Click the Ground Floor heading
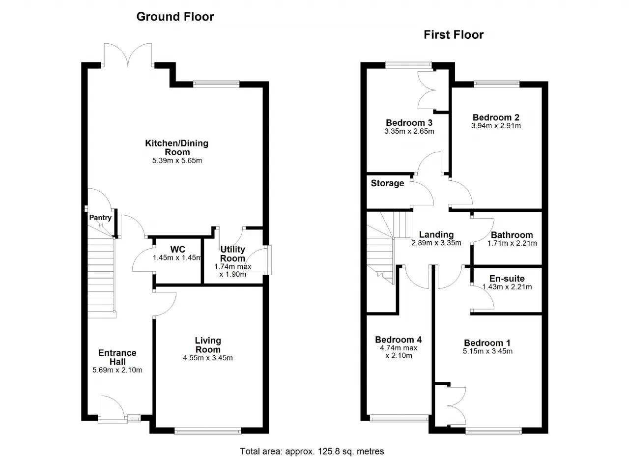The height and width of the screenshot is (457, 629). (x=175, y=17)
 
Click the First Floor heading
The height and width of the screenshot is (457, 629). (x=454, y=35)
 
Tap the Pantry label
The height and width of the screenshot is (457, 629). (x=100, y=218)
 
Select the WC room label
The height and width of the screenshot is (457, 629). (x=178, y=249)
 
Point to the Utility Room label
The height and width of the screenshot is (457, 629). (x=232, y=254)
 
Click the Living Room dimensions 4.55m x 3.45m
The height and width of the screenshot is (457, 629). (x=208, y=358)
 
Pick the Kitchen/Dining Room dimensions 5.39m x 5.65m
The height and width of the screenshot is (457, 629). (x=177, y=161)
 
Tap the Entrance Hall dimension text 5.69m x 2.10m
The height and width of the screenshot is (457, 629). (x=117, y=370)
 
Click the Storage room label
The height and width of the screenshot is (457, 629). (x=388, y=183)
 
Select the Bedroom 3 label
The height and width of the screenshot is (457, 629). (x=409, y=123)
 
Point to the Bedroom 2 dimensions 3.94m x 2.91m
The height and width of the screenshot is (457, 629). (x=496, y=126)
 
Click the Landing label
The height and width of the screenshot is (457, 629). (x=436, y=235)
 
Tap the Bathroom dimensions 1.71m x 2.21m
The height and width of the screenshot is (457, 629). (x=512, y=243)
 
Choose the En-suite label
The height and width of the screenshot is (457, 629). (x=507, y=279)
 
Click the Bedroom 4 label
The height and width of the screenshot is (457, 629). (x=399, y=340)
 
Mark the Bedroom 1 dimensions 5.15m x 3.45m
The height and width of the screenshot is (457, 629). (x=488, y=351)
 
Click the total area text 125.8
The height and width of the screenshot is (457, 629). (x=329, y=452)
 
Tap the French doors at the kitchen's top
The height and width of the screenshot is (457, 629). (x=128, y=55)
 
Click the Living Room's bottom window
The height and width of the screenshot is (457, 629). (x=208, y=431)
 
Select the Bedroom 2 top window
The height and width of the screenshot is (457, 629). (x=497, y=84)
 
